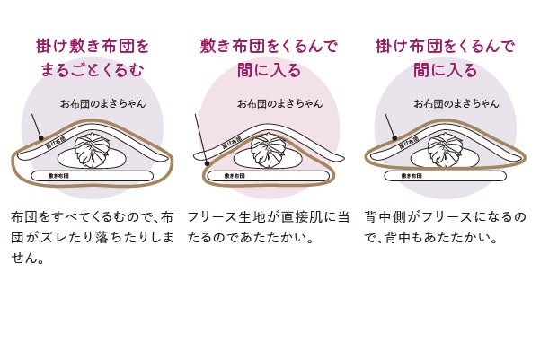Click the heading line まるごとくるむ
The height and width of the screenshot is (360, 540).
point(93,69)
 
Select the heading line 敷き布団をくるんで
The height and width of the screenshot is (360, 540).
point(270,44)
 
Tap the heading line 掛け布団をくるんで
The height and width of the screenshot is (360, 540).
point(446,44)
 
